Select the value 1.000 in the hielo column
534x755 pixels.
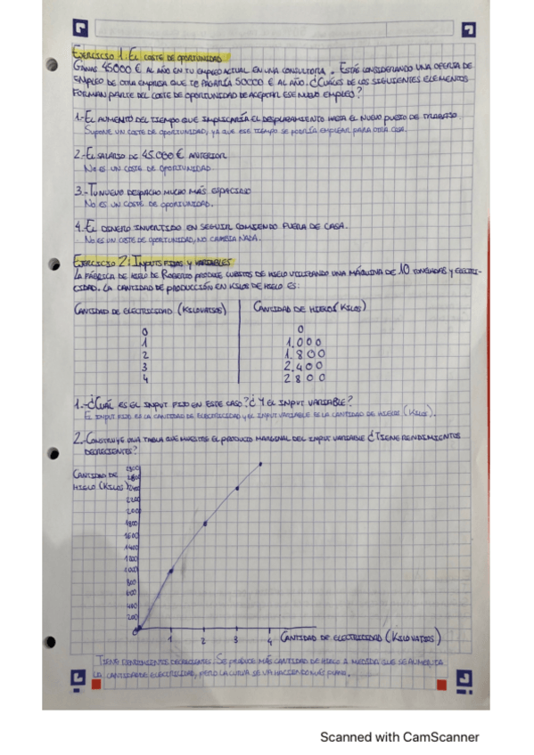coord(304,341)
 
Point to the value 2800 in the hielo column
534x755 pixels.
coord(306,377)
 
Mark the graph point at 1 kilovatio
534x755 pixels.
coord(170,570)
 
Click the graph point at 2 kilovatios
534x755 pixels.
coord(204,524)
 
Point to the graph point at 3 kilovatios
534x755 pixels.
coord(236,488)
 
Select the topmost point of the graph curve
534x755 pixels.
coord(261,463)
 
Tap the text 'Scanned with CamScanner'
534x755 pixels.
coord(399,737)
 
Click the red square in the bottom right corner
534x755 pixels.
coord(440,684)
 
